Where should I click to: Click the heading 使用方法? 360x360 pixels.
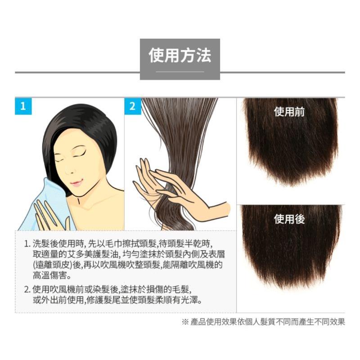tap(180, 56)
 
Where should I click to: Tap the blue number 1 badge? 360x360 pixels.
tap(23, 107)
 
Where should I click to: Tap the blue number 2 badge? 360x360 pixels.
tap(132, 107)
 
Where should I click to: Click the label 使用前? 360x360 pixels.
tap(289, 112)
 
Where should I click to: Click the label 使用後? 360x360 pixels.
tap(289, 219)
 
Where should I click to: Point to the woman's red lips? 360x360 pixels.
tap(77, 183)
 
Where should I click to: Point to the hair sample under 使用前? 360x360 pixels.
tap(290, 148)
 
